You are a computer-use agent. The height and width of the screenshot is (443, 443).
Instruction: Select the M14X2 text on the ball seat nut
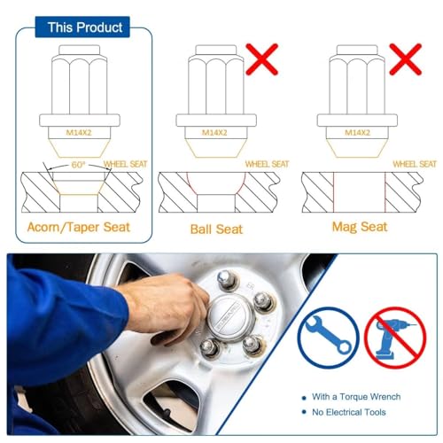[x=213, y=133]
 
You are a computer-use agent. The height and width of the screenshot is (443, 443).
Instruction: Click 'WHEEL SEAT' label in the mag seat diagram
[x=414, y=164]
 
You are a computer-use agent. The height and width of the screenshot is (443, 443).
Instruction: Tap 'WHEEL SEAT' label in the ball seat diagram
[x=267, y=164]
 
